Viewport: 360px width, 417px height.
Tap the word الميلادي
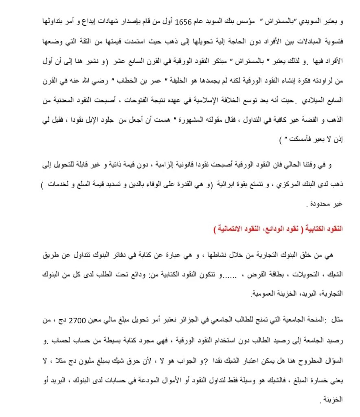coord(317,99)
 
